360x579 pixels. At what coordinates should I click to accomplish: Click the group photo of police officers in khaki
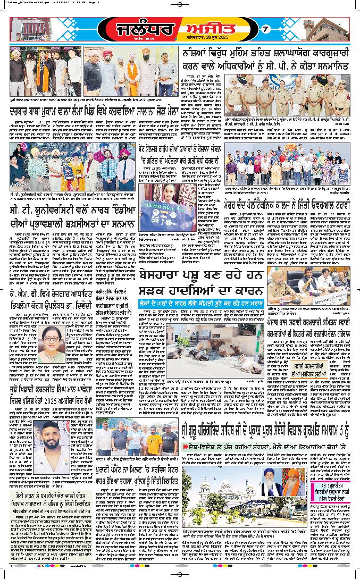click(290, 96)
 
